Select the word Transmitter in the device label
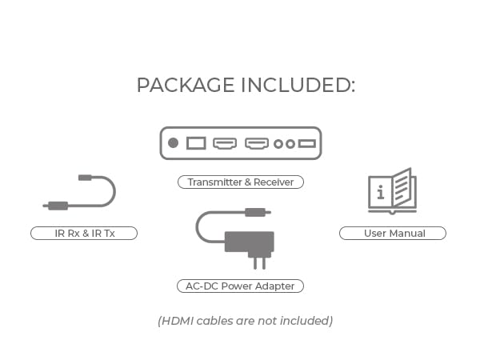(x=215, y=182)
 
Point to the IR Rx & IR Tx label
(x=84, y=234)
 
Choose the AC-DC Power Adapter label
(x=240, y=286)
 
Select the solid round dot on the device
(x=173, y=143)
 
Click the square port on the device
(x=196, y=143)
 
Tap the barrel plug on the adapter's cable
(x=254, y=212)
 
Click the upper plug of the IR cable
(x=85, y=177)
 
